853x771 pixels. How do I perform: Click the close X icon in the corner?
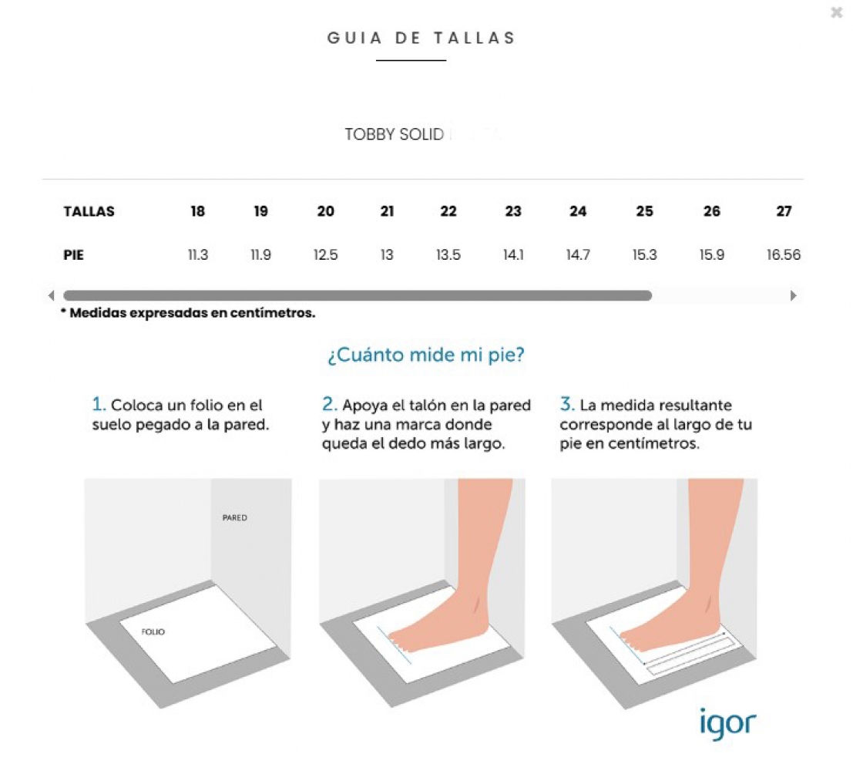point(837,12)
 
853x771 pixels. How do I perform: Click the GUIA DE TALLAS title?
point(421,38)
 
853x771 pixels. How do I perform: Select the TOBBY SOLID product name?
point(395,134)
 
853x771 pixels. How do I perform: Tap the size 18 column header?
point(197,211)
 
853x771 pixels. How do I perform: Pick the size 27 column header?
point(784,211)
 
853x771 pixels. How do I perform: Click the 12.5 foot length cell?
point(325,255)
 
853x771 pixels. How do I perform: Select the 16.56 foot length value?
point(784,255)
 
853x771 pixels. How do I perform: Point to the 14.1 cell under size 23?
point(513,255)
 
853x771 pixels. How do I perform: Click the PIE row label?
point(73,255)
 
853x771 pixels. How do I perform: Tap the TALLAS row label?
point(89,211)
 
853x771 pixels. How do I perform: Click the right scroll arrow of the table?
point(793,295)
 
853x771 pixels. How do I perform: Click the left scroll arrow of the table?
point(51,295)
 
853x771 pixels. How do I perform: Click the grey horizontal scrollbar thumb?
point(358,295)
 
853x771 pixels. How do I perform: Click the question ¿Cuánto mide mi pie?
point(426,355)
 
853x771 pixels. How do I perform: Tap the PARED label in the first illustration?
point(234,518)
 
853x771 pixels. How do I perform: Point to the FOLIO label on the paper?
point(153,631)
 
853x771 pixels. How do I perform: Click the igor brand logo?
point(727,724)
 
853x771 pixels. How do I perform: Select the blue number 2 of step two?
point(329,404)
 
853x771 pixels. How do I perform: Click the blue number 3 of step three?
point(567,404)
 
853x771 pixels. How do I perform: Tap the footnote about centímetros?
point(188,313)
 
